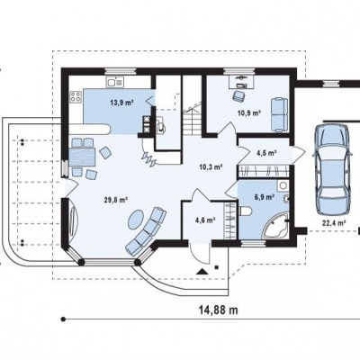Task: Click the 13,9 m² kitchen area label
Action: tap(121, 103)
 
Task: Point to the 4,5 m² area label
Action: tap(266, 153)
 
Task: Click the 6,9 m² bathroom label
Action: tap(265, 197)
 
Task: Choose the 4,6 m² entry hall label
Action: tap(205, 220)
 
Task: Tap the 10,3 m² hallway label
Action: tap(211, 166)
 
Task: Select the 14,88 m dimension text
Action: tap(219, 310)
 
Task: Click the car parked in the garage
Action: tap(332, 169)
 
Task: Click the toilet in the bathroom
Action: tap(245, 211)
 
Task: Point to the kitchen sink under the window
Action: tap(114, 82)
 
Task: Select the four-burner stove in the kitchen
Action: tap(76, 96)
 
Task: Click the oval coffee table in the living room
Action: tap(137, 220)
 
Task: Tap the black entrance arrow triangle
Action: tap(202, 272)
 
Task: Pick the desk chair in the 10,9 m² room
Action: tap(238, 95)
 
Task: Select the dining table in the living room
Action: tap(82, 157)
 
